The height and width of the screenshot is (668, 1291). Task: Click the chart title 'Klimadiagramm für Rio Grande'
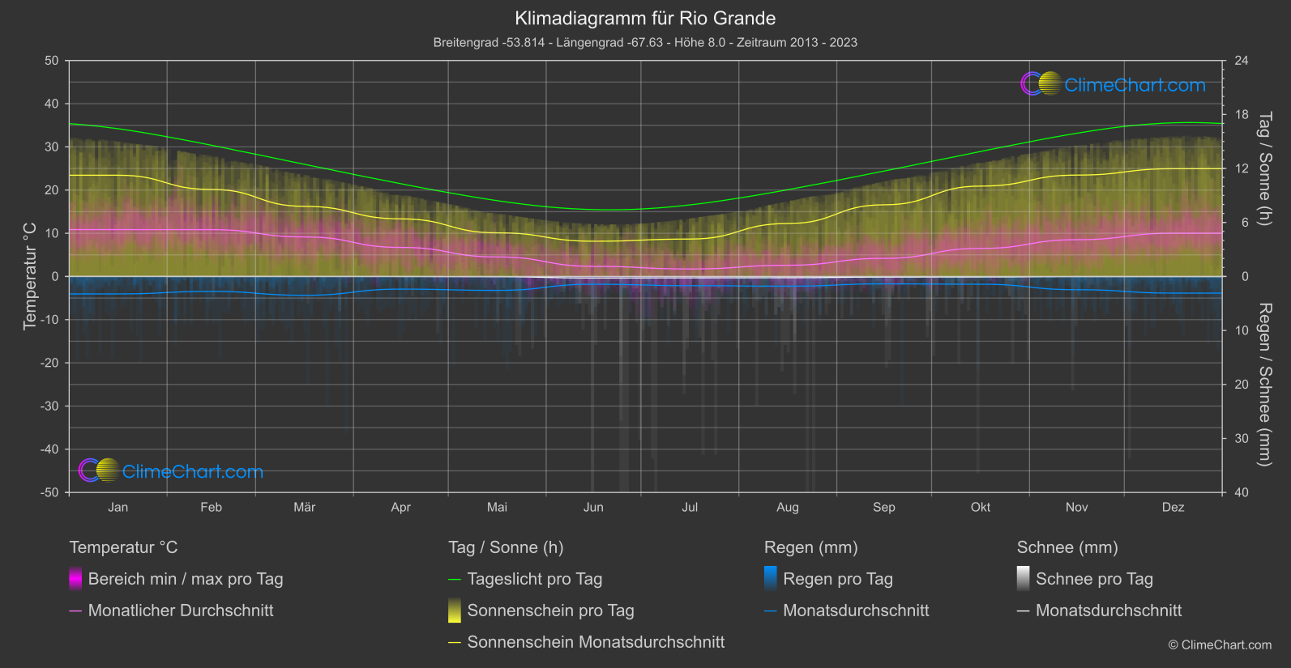pyautogui.click(x=645, y=19)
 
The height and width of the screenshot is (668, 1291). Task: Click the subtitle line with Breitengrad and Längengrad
pyautogui.click(x=645, y=42)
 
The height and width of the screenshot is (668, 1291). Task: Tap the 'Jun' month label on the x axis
pyautogui.click(x=593, y=508)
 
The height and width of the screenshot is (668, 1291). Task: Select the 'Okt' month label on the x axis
pyautogui.click(x=980, y=508)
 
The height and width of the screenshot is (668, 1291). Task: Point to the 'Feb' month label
pyautogui.click(x=211, y=508)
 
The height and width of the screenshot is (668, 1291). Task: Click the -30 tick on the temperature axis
pyautogui.click(x=50, y=406)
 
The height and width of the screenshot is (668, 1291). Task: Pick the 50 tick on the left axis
pyautogui.click(x=52, y=61)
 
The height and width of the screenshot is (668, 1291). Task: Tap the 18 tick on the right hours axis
pyautogui.click(x=1242, y=115)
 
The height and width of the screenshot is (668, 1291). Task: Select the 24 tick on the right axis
pyautogui.click(x=1242, y=61)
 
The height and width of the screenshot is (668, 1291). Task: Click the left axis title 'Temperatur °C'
pyautogui.click(x=30, y=276)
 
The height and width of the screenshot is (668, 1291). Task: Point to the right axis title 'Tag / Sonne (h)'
pyautogui.click(x=1264, y=168)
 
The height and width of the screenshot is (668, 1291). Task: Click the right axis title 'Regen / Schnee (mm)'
pyautogui.click(x=1264, y=385)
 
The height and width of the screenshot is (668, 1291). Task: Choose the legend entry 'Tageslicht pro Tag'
pyautogui.click(x=534, y=579)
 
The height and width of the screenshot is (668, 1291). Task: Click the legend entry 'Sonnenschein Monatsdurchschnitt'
pyautogui.click(x=596, y=642)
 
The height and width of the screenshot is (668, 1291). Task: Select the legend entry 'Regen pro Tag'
pyautogui.click(x=837, y=579)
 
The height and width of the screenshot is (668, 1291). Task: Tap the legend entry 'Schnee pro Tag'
pyautogui.click(x=1093, y=579)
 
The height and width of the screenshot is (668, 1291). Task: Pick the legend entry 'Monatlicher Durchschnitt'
pyautogui.click(x=180, y=611)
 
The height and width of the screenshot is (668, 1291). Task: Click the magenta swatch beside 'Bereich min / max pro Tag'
pyautogui.click(x=75, y=579)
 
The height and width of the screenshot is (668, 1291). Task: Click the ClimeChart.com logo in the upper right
pyautogui.click(x=1113, y=84)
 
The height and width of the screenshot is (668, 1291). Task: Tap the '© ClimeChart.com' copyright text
pyautogui.click(x=1220, y=645)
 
